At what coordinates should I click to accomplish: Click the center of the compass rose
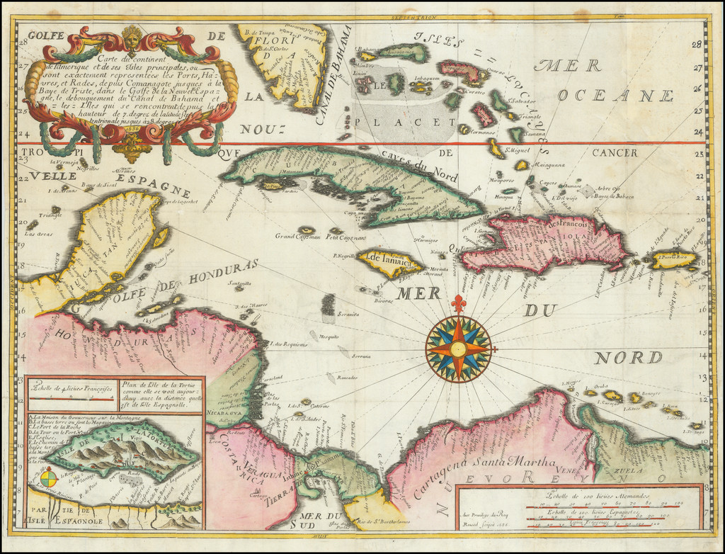pyautogui.click(x=458, y=349)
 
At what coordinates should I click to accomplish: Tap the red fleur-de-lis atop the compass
pyautogui.click(x=458, y=304)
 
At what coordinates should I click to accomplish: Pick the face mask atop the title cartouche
pyautogui.click(x=132, y=38)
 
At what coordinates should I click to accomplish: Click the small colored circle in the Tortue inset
pyautogui.click(x=49, y=480)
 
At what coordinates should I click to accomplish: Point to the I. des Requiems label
pyautogui.click(x=286, y=344)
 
